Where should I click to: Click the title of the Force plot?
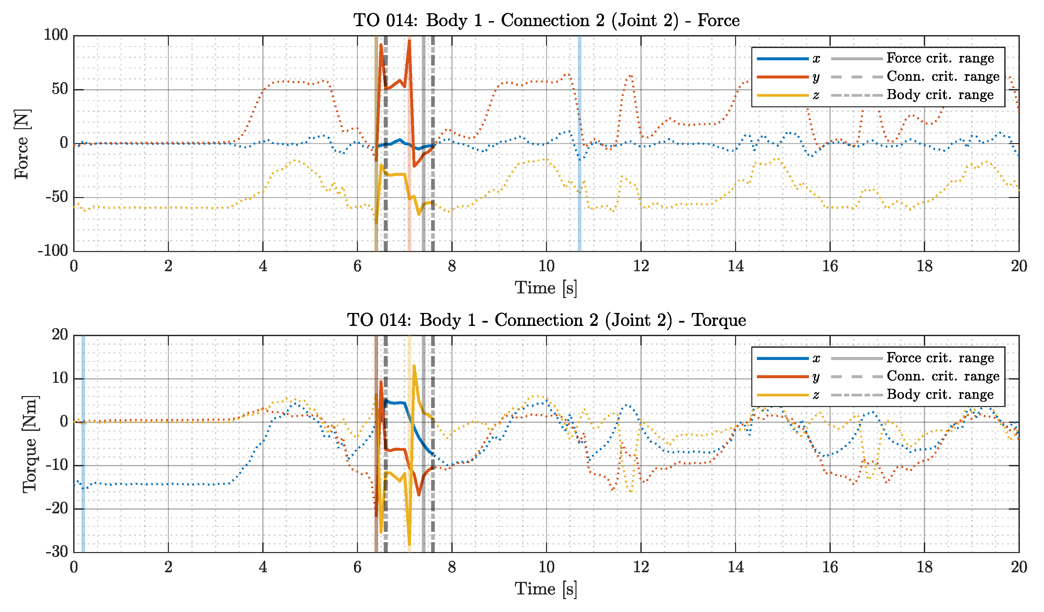(546, 20)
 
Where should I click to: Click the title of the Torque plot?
(546, 320)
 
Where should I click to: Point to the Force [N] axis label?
(22, 144)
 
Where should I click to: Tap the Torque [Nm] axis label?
(30, 444)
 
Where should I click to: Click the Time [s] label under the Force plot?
(546, 287)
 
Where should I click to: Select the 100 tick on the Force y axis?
(56, 35)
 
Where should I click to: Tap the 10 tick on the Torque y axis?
(60, 378)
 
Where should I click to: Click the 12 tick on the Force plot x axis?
(641, 266)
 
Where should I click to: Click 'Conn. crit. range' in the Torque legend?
(942, 376)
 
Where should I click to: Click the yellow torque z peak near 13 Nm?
(414, 366)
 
